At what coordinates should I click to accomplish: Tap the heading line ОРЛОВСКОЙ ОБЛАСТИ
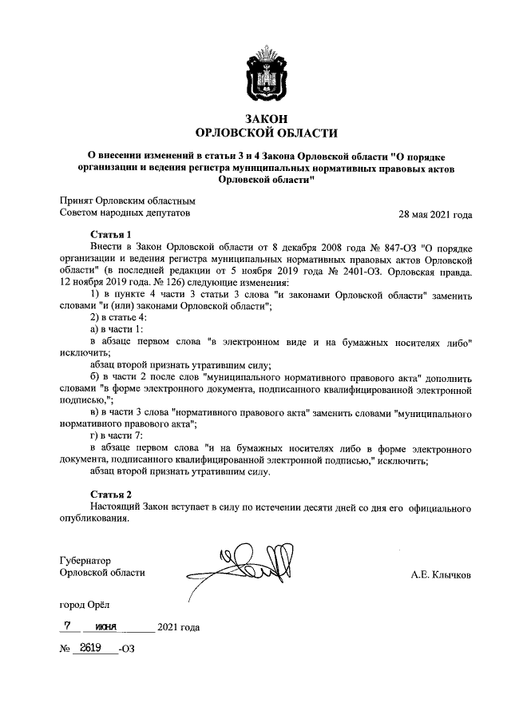[x=267, y=133]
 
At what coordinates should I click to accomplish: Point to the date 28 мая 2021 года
[x=435, y=214]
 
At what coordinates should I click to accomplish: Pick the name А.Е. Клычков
[x=441, y=574]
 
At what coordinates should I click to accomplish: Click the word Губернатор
[x=85, y=560]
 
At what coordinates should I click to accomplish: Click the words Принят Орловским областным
[x=128, y=201]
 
